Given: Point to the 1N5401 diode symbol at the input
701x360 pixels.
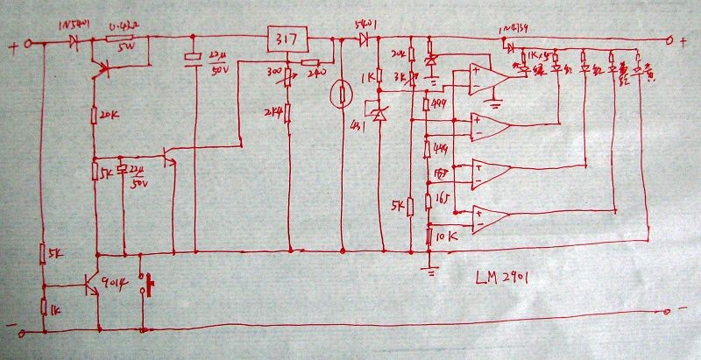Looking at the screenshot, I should [x=74, y=41].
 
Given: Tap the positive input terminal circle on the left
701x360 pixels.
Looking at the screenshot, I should [x=28, y=43].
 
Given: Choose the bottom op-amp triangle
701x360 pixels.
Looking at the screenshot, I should [x=486, y=217].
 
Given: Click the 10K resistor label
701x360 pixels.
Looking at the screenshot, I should [x=445, y=236].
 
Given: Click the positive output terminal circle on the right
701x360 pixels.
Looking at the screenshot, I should [x=670, y=39].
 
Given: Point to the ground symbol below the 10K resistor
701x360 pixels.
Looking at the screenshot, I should [x=429, y=269].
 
